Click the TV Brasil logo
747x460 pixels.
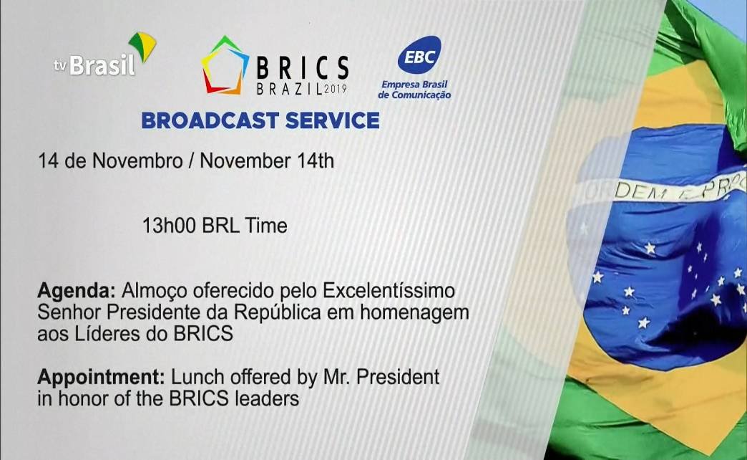click(104, 55)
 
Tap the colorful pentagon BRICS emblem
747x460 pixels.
click(225, 65)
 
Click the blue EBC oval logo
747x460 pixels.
click(419, 55)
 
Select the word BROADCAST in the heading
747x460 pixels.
click(210, 120)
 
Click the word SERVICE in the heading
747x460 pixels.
click(333, 120)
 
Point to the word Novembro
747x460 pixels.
click(137, 160)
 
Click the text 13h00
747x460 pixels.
click(169, 225)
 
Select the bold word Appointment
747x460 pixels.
click(101, 377)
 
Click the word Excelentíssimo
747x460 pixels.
click(389, 290)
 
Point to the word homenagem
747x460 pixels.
click(414, 312)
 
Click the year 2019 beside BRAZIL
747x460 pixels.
click(336, 89)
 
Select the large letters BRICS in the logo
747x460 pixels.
click(303, 67)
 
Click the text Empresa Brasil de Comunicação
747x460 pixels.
click(414, 90)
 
